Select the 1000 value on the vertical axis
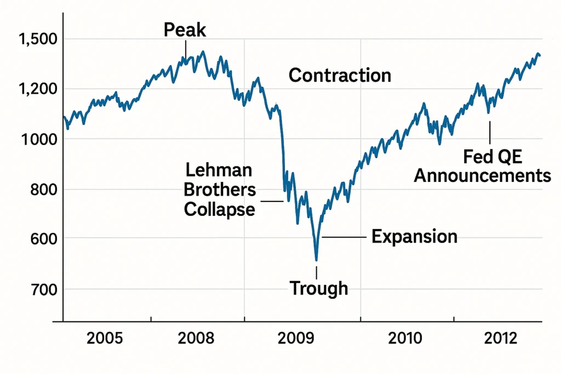pyautogui.click(x=35, y=139)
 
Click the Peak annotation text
pyautogui.click(x=185, y=30)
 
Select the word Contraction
pyautogui.click(x=340, y=75)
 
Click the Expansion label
pyautogui.click(x=414, y=237)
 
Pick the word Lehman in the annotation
pyautogui.click(x=219, y=170)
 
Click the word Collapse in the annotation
pyautogui.click(x=219, y=209)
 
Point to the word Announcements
pyautogui.click(x=482, y=176)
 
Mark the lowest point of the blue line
pyautogui.click(x=316, y=260)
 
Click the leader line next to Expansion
pyautogui.click(x=344, y=237)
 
